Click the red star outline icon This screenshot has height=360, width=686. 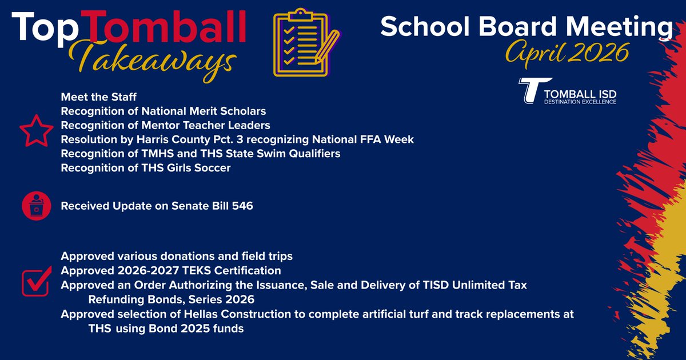(x=37, y=131)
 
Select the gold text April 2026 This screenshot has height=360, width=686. (x=566, y=53)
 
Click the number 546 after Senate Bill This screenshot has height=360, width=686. (x=242, y=206)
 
